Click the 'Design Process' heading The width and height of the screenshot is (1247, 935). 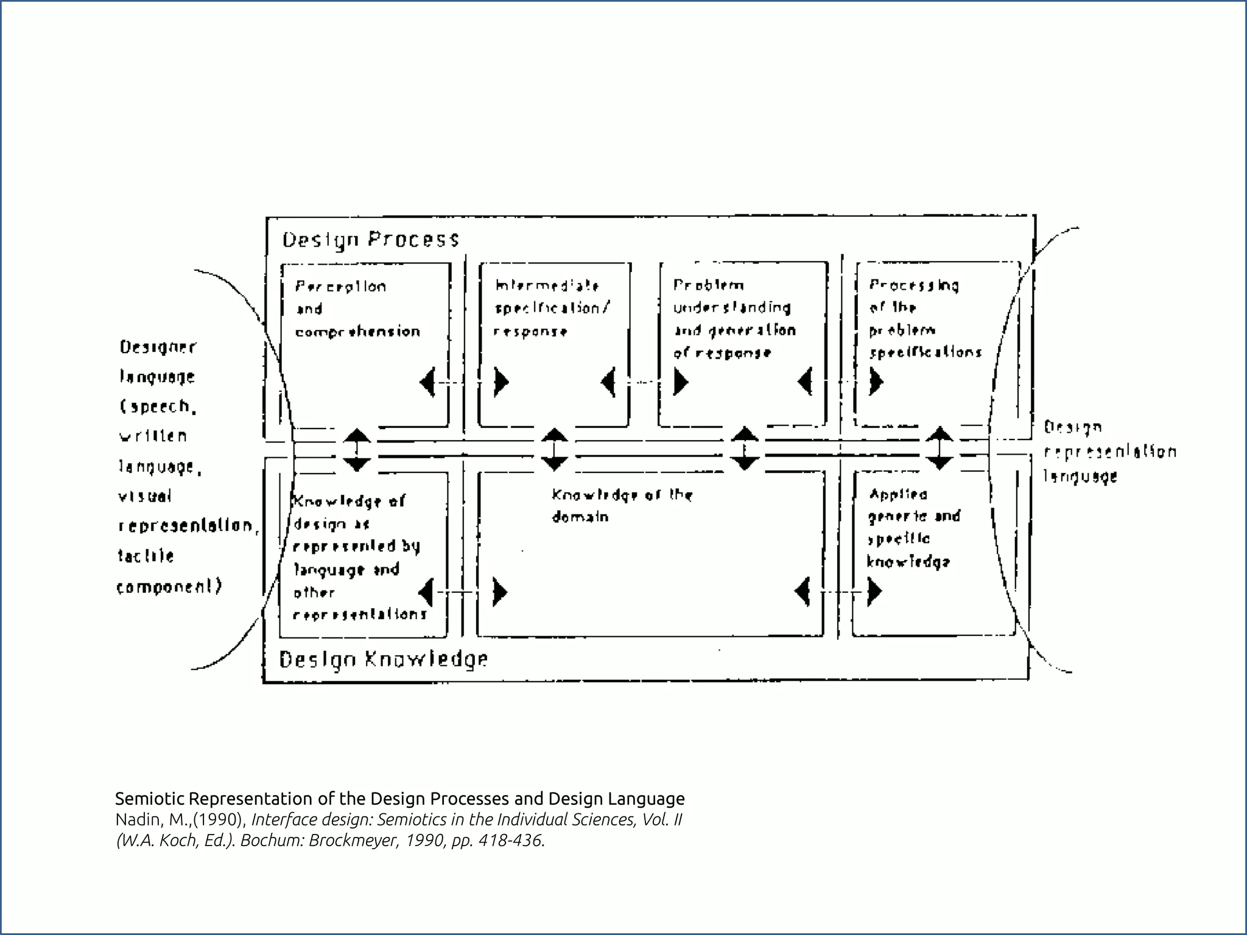[370, 239]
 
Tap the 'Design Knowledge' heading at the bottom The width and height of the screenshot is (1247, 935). [383, 659]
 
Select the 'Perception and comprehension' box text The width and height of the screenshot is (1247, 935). [357, 309]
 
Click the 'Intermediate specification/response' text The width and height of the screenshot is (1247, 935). [552, 309]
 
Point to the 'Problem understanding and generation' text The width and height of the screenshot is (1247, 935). [734, 319]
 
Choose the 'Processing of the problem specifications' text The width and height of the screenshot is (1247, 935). [925, 319]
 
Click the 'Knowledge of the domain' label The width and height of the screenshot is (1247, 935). [622, 505]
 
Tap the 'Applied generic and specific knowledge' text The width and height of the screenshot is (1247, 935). [913, 528]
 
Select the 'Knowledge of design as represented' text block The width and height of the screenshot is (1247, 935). [357, 557]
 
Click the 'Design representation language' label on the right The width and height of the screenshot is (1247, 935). [1109, 452]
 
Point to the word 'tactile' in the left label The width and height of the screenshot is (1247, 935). [146, 556]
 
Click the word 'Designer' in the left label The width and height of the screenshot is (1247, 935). [158, 347]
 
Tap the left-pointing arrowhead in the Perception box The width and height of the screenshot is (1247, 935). [427, 382]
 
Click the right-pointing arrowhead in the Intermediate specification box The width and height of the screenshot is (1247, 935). [502, 382]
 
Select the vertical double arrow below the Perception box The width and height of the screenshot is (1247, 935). [357, 450]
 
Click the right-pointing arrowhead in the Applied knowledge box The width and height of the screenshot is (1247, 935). [874, 591]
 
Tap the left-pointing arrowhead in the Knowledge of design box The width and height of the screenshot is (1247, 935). [426, 592]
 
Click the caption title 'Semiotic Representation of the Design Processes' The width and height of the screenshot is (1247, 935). [399, 798]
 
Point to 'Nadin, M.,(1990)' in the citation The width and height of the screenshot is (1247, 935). [180, 820]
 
